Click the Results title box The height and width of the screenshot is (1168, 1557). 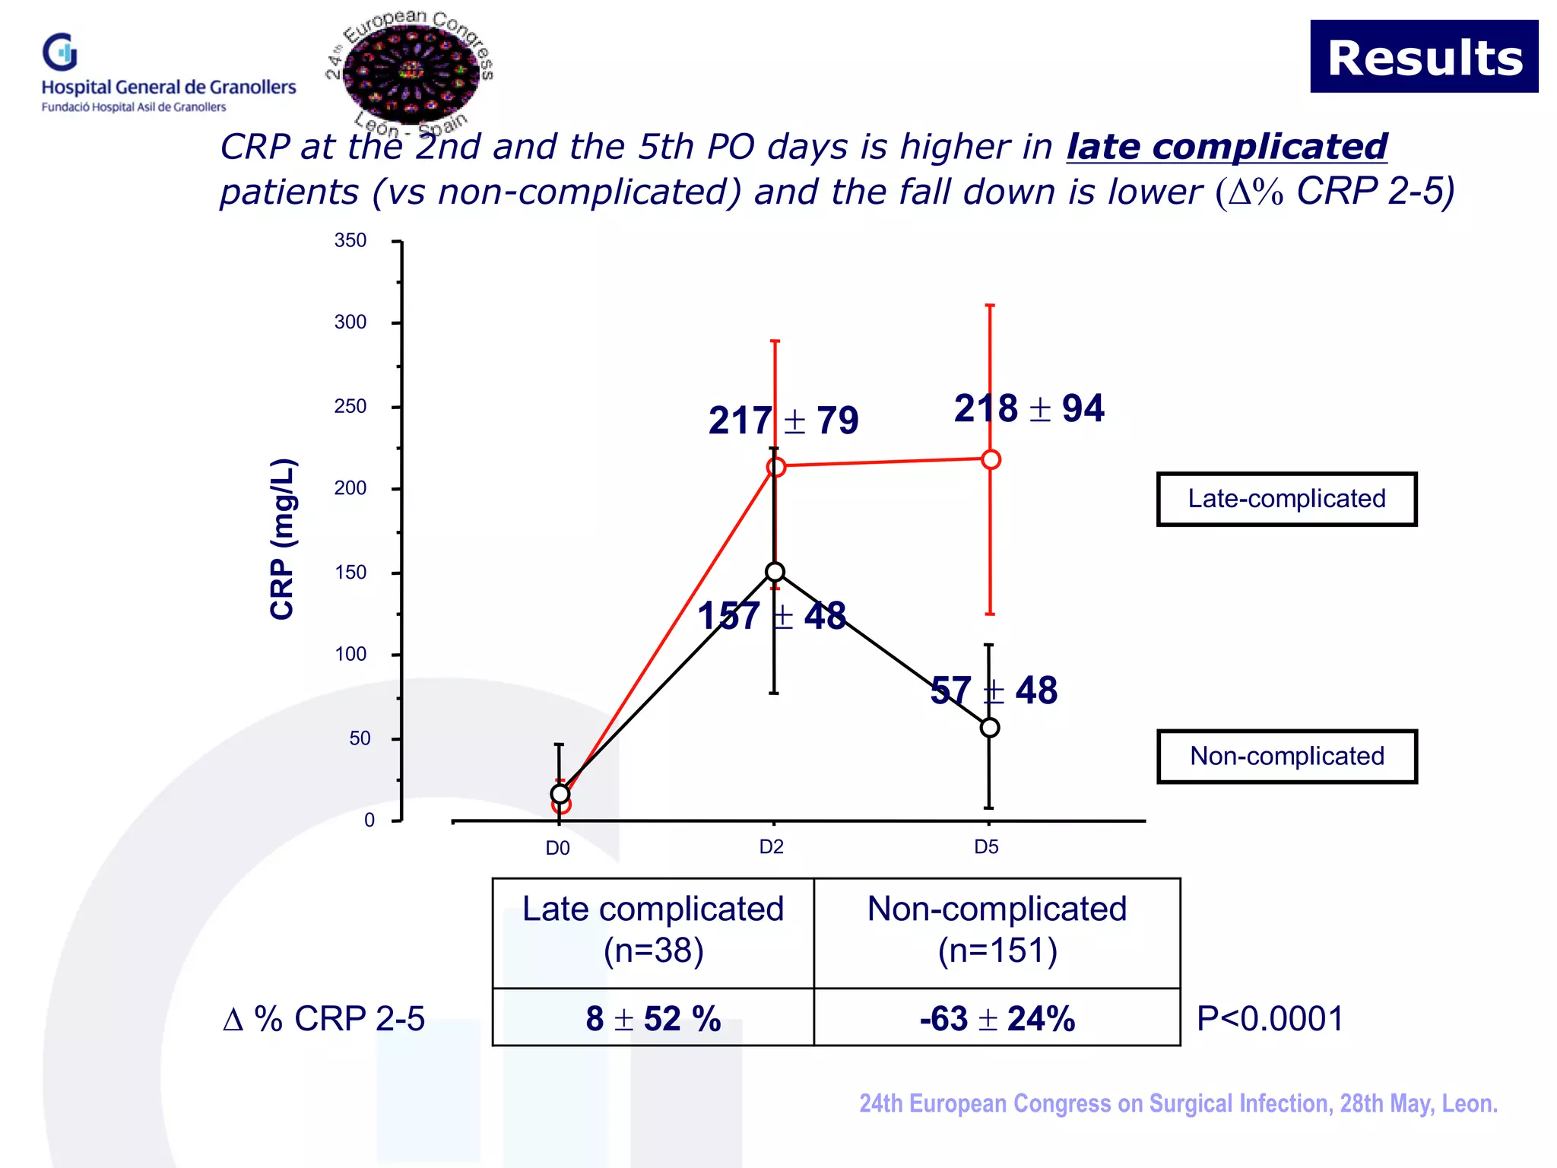(x=1423, y=57)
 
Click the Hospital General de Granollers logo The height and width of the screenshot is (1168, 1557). (x=168, y=74)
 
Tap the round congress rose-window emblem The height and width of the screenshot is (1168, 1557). (x=411, y=73)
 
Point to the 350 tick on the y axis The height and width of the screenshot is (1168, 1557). (x=350, y=241)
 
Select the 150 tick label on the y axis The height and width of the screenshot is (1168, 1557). (x=350, y=573)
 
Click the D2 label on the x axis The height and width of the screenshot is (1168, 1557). (x=772, y=847)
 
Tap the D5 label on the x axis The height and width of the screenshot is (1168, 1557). (x=987, y=847)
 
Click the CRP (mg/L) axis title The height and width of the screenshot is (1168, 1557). (x=283, y=538)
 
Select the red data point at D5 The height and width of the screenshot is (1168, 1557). (x=991, y=459)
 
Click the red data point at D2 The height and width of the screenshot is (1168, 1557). (x=775, y=467)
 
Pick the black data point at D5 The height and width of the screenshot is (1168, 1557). (x=990, y=728)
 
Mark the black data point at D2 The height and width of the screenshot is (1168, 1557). (x=775, y=572)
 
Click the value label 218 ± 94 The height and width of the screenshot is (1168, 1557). (x=1029, y=408)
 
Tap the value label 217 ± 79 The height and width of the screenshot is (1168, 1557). (x=783, y=421)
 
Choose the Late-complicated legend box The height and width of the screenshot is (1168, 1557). (x=1286, y=499)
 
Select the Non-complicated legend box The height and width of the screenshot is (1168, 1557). (x=1286, y=757)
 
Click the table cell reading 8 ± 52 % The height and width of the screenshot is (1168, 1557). (x=653, y=1018)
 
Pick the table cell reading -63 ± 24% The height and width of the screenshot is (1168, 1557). (x=997, y=1018)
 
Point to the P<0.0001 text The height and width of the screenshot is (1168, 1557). (x=1270, y=1018)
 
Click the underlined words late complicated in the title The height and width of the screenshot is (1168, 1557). (x=1226, y=147)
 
